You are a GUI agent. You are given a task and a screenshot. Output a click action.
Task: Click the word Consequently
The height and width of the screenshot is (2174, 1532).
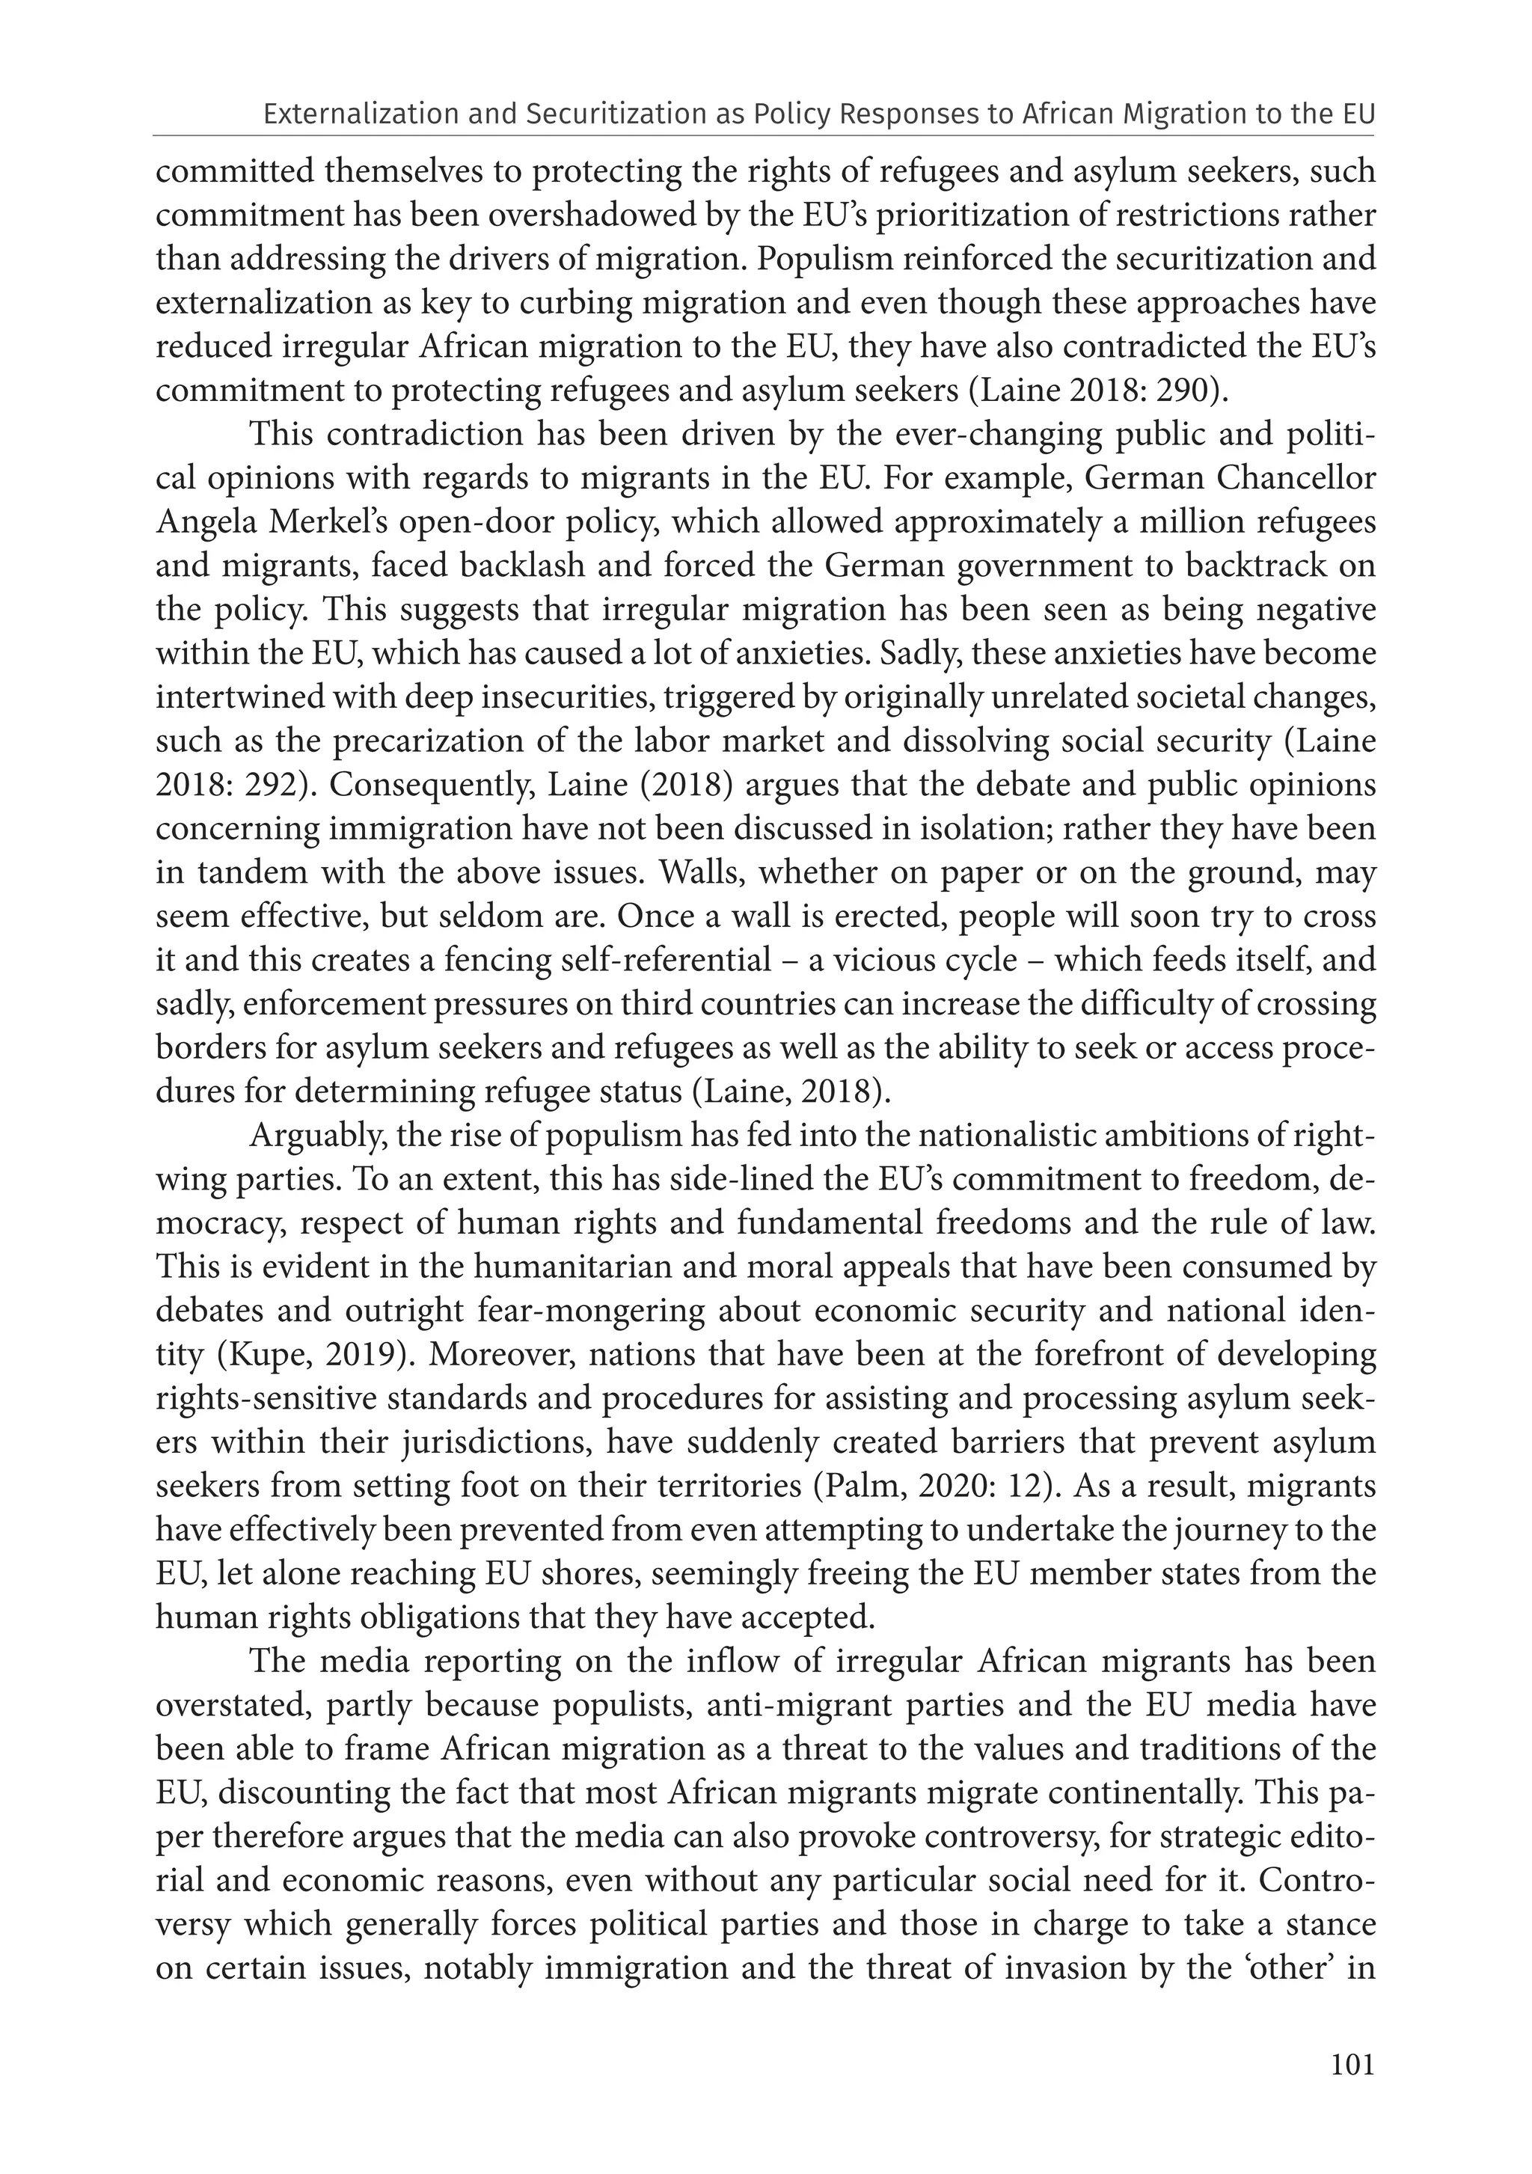click(x=423, y=785)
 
